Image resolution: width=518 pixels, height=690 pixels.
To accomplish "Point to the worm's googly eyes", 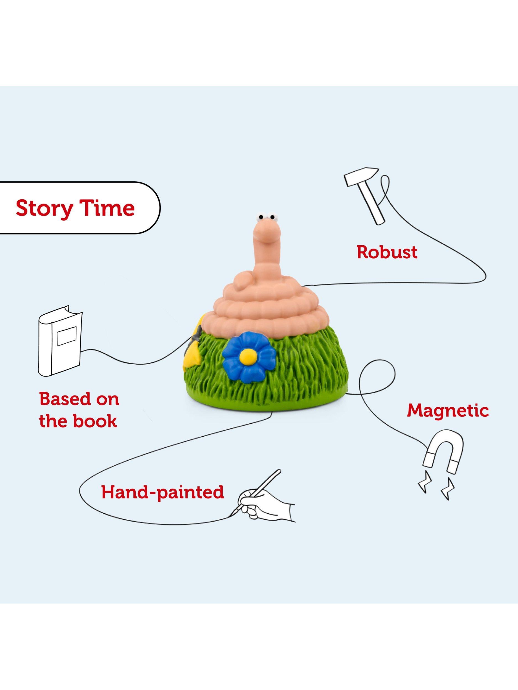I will (265, 216).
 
